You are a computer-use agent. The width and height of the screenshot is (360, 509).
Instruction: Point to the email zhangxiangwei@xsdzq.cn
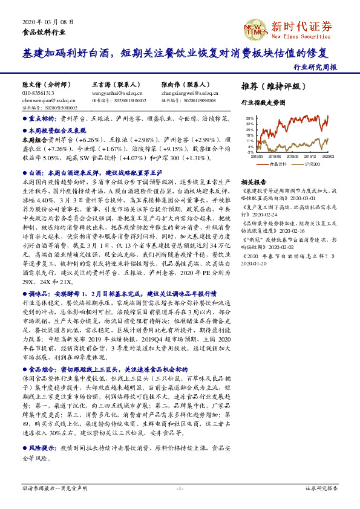[188, 94]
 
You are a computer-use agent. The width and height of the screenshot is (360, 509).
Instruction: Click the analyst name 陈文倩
[33, 85]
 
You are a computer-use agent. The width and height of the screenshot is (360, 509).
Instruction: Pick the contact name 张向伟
[171, 85]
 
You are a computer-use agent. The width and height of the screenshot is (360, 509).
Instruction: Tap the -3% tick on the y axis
[249, 152]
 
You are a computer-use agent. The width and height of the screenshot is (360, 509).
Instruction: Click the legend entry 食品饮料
[278, 164]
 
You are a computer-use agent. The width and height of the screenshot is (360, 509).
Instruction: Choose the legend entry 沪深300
[312, 164]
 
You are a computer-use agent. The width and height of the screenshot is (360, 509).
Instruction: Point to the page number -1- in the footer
[180, 487]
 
